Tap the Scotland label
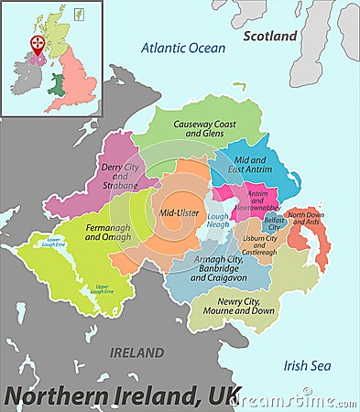[x=270, y=36]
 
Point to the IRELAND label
[x=136, y=352]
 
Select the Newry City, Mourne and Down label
[x=239, y=306]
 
